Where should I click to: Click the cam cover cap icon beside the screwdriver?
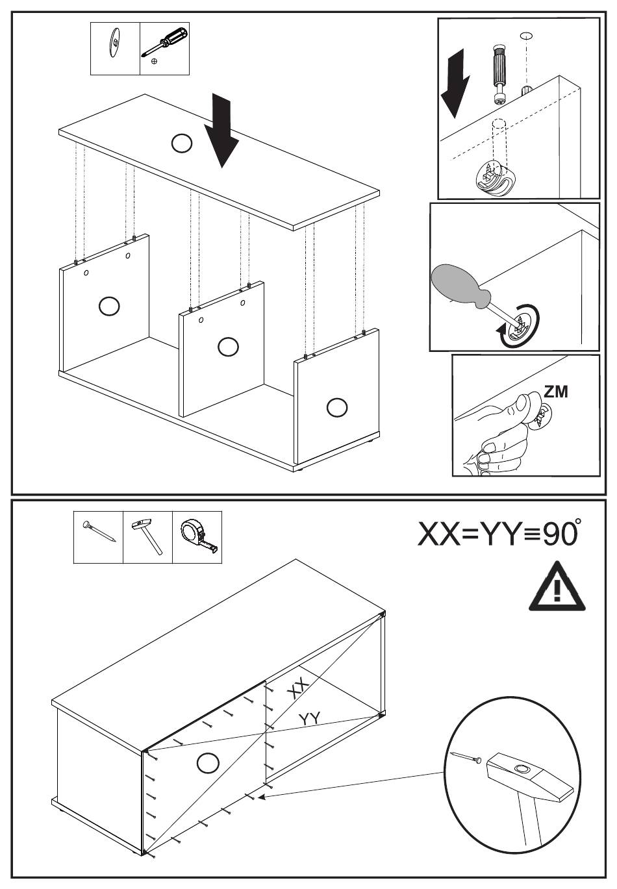coord(114,44)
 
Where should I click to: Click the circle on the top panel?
coord(182,143)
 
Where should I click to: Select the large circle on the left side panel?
coord(108,306)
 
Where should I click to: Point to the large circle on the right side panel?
coord(336,407)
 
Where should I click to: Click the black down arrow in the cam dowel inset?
coord(455,84)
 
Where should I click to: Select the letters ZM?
coord(555,392)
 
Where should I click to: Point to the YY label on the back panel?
coord(310,719)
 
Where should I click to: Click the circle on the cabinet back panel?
coord(208,762)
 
